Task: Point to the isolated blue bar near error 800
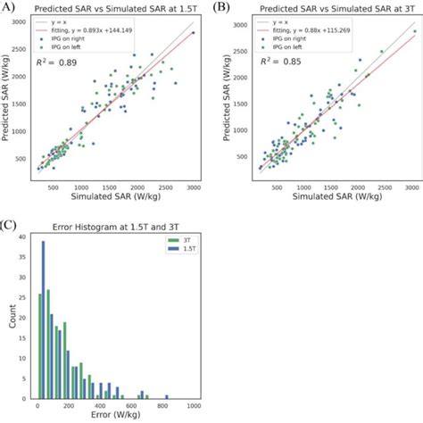point(164,394)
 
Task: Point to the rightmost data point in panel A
point(193,33)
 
